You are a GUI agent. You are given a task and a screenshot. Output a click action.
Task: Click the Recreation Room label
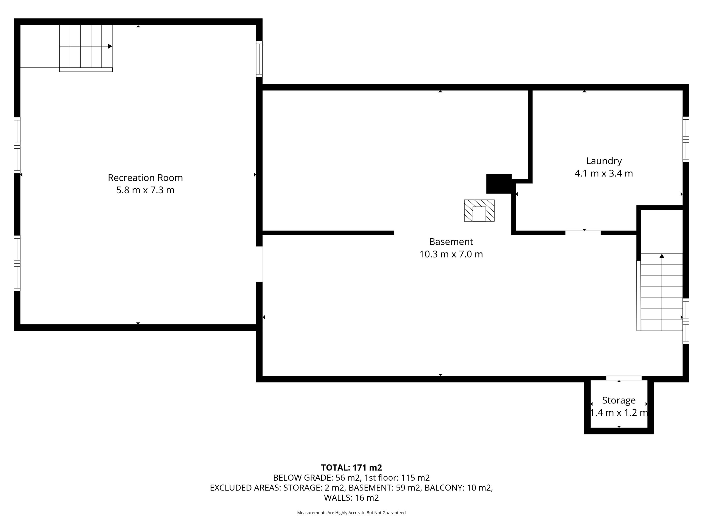(145, 178)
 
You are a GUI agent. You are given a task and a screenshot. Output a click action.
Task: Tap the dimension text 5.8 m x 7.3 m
(145, 190)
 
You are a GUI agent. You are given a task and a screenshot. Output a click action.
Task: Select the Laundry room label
(604, 161)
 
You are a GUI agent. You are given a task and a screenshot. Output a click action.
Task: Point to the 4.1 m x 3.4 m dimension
(604, 173)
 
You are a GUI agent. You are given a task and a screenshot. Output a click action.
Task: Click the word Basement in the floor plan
(451, 242)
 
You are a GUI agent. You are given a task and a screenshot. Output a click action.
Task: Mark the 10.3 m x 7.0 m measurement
(451, 254)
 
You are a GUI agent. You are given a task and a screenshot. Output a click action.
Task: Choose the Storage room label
(619, 400)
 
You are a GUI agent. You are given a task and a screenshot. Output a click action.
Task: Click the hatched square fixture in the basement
(479, 211)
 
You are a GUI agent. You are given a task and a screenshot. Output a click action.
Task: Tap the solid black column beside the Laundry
(499, 184)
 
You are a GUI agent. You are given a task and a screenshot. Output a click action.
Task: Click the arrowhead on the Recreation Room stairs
(110, 46)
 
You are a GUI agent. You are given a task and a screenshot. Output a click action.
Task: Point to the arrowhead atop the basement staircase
(662, 256)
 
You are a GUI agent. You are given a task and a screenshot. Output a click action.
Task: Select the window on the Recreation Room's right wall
(259, 59)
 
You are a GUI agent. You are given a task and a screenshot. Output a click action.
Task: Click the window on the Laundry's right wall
(686, 139)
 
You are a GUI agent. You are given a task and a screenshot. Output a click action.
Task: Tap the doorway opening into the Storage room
(624, 378)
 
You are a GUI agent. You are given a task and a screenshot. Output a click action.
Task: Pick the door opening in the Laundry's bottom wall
(583, 233)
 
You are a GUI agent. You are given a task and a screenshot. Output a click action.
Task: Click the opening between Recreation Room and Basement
(259, 264)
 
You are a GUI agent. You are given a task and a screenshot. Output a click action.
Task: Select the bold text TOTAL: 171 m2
(351, 468)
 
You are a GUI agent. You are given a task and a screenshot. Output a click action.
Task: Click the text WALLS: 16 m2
(351, 498)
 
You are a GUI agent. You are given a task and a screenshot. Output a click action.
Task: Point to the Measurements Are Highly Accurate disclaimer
(351, 513)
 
